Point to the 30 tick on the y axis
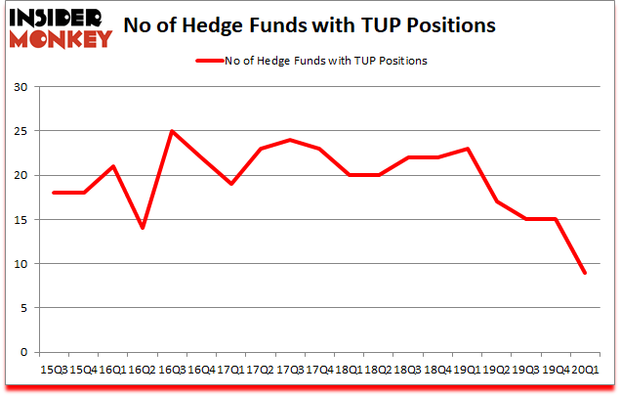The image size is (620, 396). pyautogui.click(x=21, y=87)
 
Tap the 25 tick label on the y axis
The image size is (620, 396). pyautogui.click(x=21, y=131)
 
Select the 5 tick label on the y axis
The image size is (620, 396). pyautogui.click(x=23, y=308)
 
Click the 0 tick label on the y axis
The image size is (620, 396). pyautogui.click(x=23, y=352)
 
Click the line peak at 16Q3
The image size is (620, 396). pyautogui.click(x=172, y=131)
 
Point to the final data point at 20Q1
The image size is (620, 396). pyautogui.click(x=585, y=272)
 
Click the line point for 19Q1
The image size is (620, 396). pyautogui.click(x=468, y=149)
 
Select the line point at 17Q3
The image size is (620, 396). pyautogui.click(x=290, y=140)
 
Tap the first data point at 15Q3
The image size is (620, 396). pyautogui.click(x=55, y=193)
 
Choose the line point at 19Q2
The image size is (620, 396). pyautogui.click(x=497, y=201)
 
